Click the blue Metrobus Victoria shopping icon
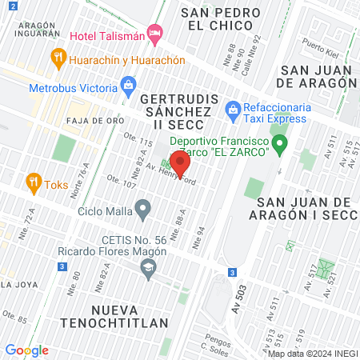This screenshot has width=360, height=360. click(x=128, y=85)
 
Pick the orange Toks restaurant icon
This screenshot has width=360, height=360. click(x=33, y=181)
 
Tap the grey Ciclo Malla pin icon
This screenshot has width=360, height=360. click(x=143, y=210)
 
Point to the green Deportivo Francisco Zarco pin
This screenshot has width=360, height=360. click(x=279, y=144)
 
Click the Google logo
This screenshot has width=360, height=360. click(x=27, y=350)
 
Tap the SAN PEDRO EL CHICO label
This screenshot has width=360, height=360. click(x=221, y=18)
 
